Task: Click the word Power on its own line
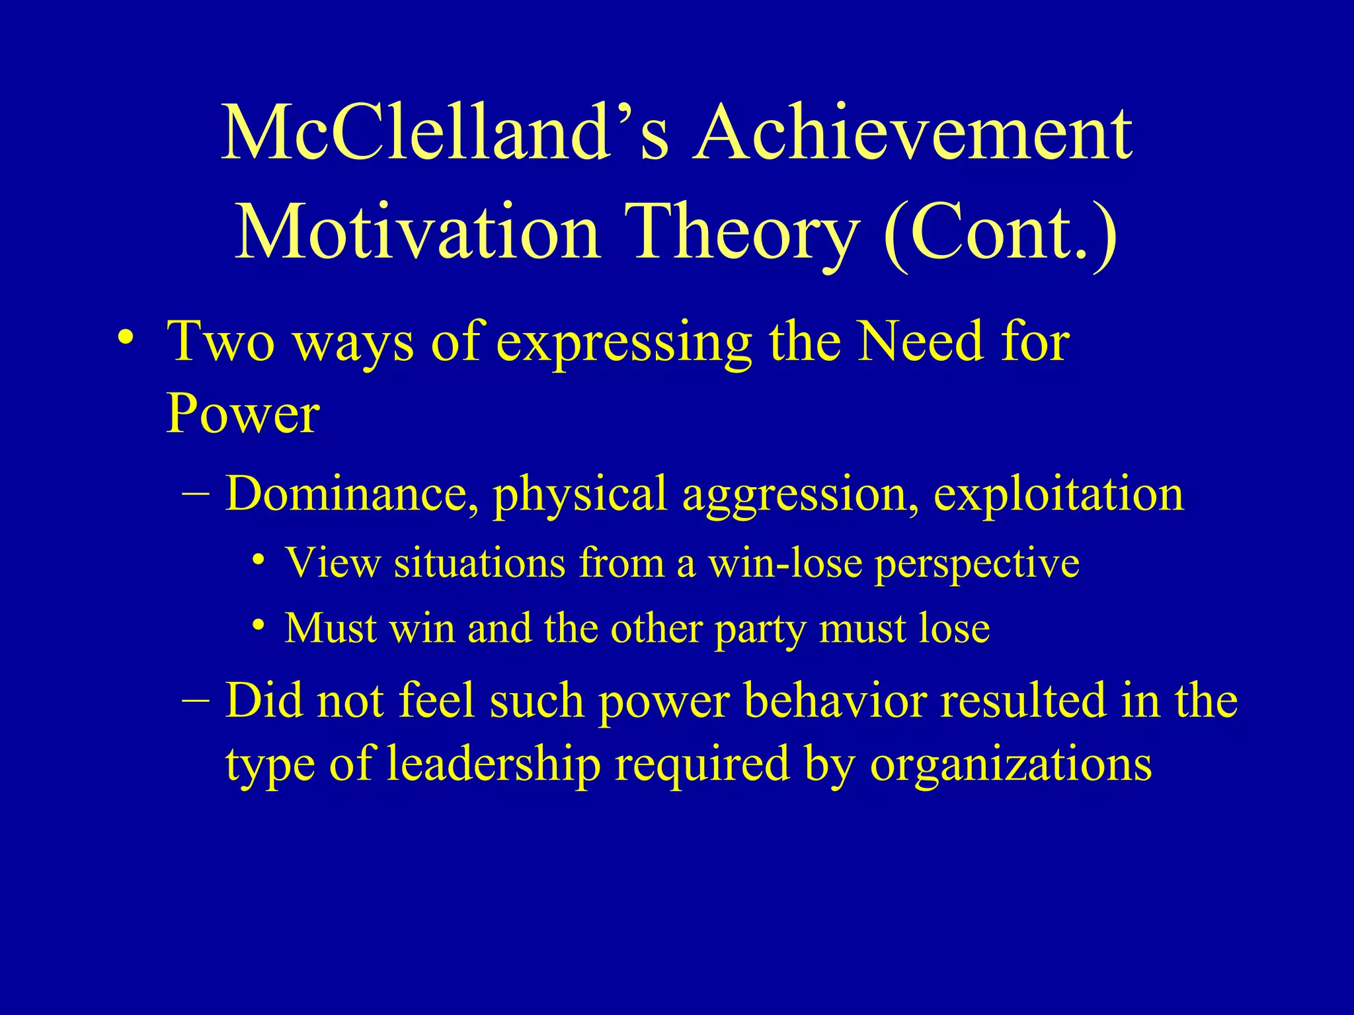pos(243,414)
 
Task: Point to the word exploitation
pos(1058,494)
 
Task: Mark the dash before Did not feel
pos(196,699)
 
